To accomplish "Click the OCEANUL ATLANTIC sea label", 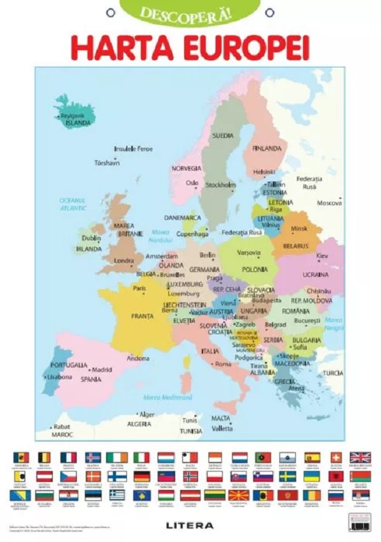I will click(73, 203).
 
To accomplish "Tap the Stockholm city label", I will click(221, 185).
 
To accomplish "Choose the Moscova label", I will click(330, 203).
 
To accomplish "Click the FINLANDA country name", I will click(267, 149).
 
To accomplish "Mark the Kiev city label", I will click(322, 255).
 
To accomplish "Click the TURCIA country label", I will click(332, 373).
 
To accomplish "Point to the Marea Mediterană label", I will click(167, 398).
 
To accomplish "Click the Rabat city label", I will click(62, 426).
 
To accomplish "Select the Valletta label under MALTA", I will click(222, 429).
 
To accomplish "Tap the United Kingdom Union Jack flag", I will click(360, 457).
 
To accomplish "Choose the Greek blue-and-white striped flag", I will click(117, 494).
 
